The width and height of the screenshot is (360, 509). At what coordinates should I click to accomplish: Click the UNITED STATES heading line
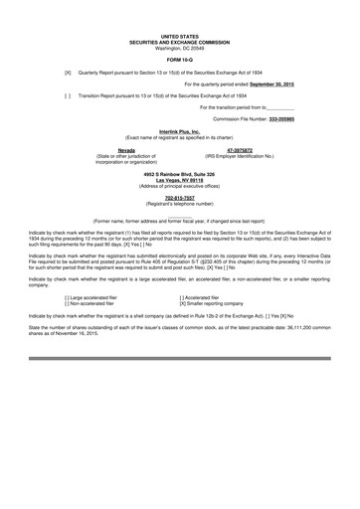(179, 35)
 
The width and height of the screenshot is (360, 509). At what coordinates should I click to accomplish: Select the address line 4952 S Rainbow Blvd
(179, 173)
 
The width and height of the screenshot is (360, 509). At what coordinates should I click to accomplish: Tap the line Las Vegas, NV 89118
(179, 179)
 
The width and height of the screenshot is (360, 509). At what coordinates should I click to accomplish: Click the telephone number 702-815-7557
(179, 197)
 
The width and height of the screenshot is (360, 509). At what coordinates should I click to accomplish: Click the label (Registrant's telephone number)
(179, 203)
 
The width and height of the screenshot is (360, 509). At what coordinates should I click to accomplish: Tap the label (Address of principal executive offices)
(179, 185)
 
